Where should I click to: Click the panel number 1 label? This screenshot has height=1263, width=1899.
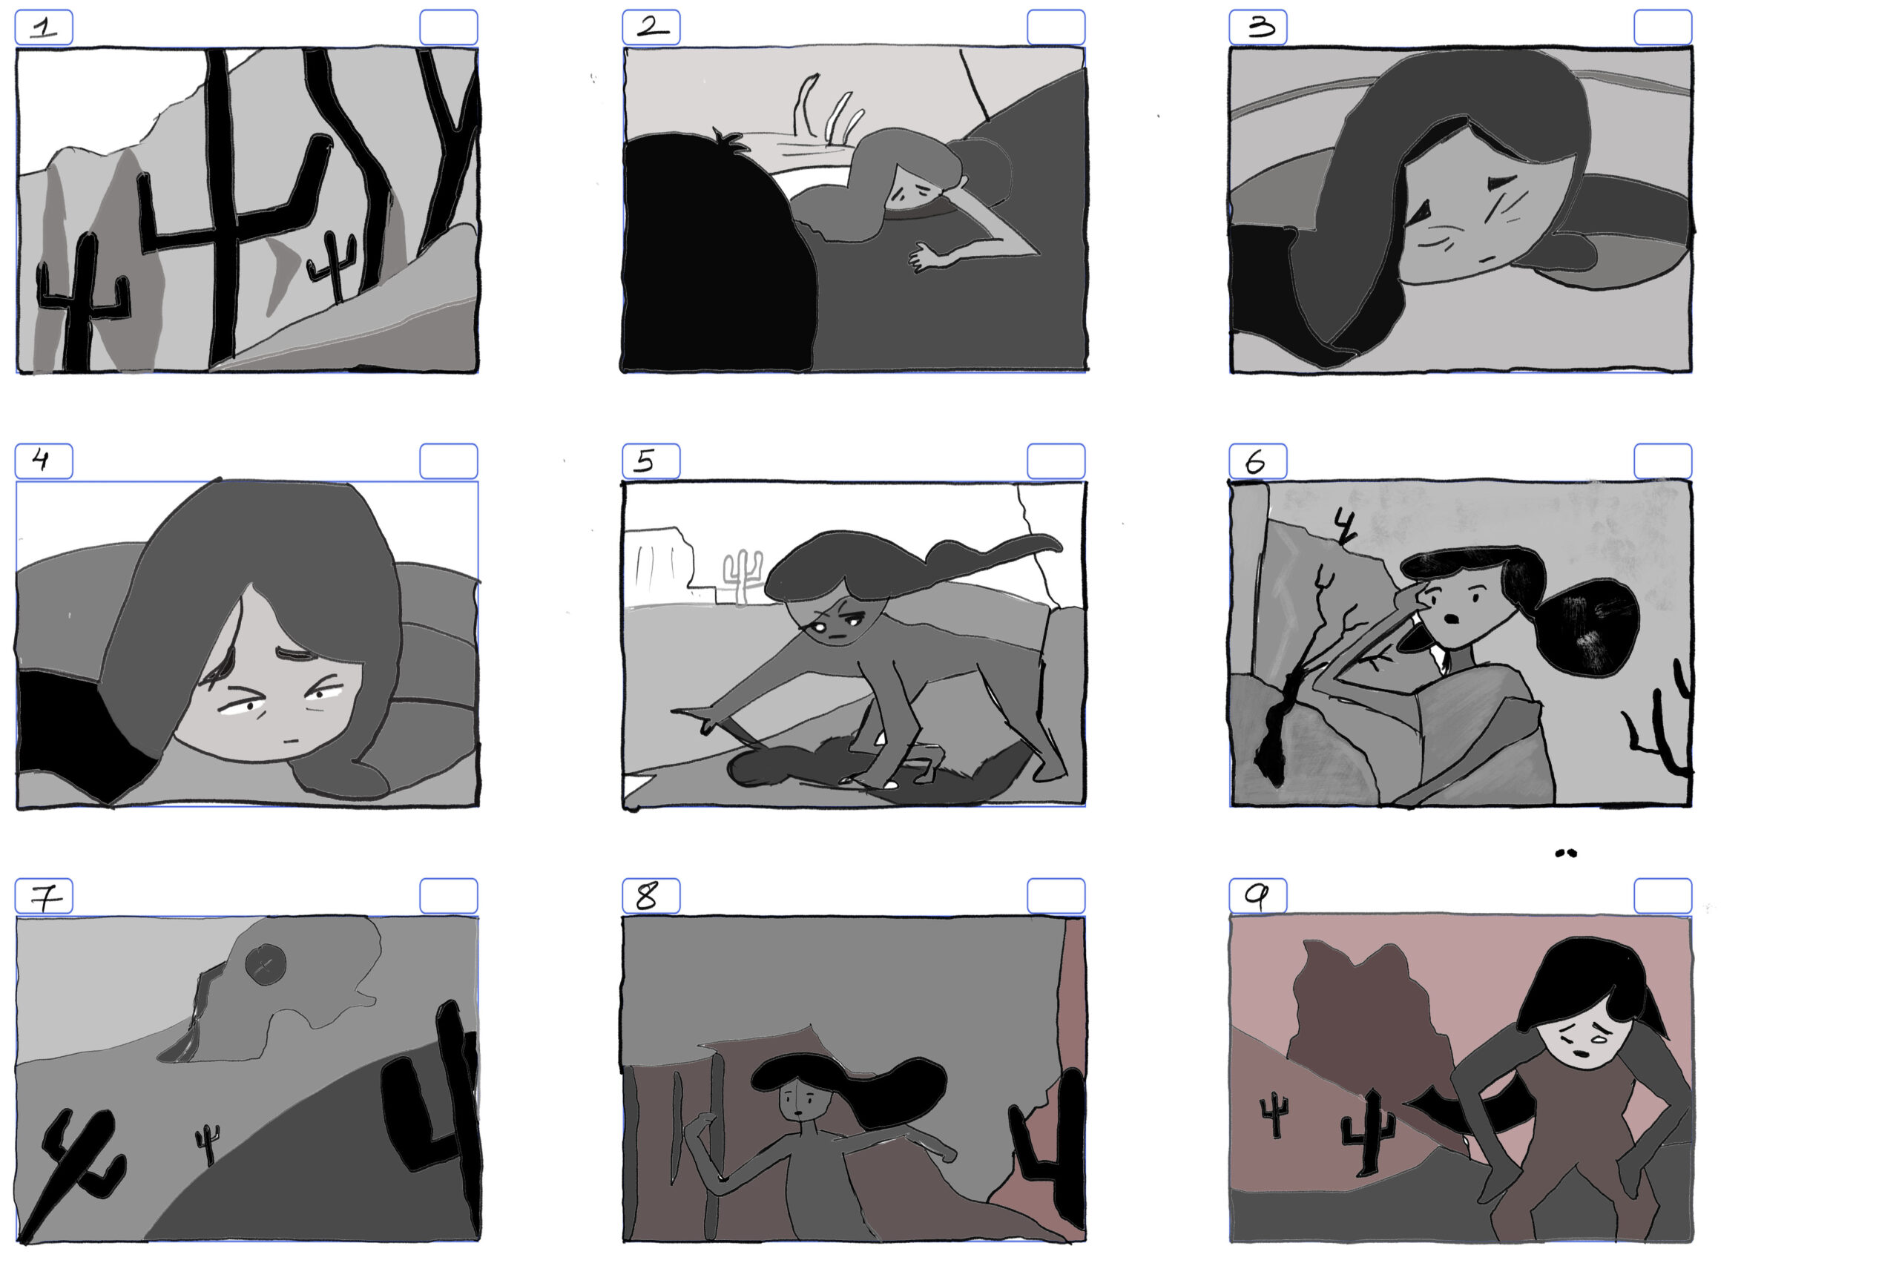45,27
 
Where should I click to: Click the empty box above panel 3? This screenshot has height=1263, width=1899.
1662,27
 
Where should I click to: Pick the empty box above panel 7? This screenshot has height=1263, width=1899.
449,896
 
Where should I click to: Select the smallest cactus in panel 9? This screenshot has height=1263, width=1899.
1274,1114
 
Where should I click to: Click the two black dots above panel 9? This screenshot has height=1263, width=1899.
1564,853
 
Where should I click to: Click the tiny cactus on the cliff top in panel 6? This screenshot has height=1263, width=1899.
1344,526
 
